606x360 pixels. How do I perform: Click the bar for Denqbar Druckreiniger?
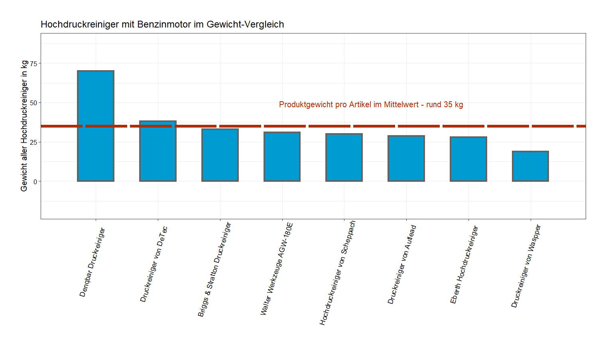click(x=96, y=126)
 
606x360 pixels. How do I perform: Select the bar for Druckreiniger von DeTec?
click(x=158, y=151)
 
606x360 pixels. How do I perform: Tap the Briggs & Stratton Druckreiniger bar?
click(x=220, y=155)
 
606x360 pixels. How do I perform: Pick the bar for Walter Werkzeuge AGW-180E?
click(x=282, y=157)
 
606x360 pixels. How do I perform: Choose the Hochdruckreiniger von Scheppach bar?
click(x=344, y=157)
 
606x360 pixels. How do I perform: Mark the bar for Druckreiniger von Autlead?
click(x=406, y=159)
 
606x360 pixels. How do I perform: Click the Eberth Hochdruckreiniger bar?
click(x=468, y=159)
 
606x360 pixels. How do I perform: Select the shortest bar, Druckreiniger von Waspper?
click(x=530, y=166)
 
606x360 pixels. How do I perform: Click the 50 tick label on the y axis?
click(x=33, y=103)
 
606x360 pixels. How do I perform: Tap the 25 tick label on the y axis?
click(x=33, y=142)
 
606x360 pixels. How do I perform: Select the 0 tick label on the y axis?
click(x=35, y=182)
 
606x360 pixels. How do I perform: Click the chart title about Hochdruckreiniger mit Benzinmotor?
click(x=162, y=24)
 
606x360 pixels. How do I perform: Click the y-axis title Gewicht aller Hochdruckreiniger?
click(x=24, y=126)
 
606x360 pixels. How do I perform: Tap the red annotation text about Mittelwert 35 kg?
click(x=371, y=104)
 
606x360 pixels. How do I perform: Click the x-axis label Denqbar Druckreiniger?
click(x=92, y=262)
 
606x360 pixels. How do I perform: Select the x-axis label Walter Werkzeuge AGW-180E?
click(x=277, y=269)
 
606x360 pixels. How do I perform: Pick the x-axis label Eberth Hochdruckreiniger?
click(x=464, y=265)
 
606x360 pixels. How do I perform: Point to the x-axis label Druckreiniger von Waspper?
click(x=526, y=266)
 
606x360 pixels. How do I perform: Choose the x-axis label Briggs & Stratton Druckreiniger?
click(x=214, y=270)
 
